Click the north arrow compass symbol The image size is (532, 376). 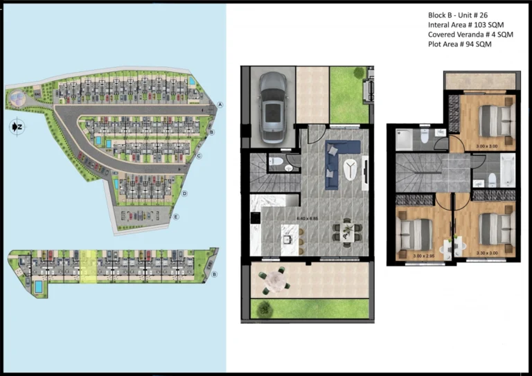tap(17, 127)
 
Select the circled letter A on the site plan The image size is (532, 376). tap(220, 105)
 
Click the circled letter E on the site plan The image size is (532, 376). tap(177, 217)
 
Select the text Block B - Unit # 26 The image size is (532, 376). tap(458, 15)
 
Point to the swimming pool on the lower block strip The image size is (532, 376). tap(38, 285)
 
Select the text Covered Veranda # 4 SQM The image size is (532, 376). tap(470, 33)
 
